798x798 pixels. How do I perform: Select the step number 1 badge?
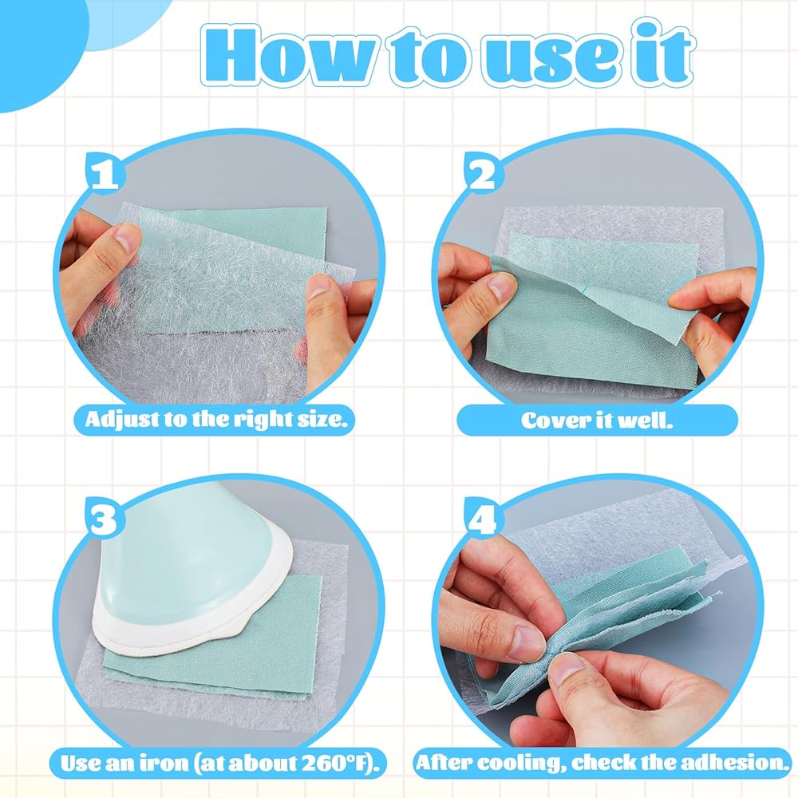(104, 172)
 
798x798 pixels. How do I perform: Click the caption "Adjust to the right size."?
(217, 420)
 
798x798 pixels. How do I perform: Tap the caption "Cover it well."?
(597, 421)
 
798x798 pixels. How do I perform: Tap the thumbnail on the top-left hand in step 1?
(125, 238)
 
